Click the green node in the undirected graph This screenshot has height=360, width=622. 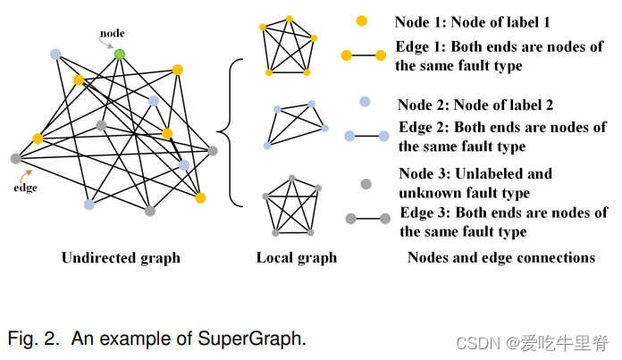[x=119, y=54]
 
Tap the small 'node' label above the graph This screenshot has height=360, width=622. [x=112, y=33]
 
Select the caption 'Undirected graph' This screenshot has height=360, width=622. [x=121, y=258]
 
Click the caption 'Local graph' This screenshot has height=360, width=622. [x=297, y=258]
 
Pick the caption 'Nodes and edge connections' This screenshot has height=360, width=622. [x=500, y=258]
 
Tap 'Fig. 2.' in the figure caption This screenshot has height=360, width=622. [x=32, y=339]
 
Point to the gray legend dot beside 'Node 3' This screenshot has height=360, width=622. [x=365, y=184]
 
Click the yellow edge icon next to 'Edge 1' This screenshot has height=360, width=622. [x=363, y=56]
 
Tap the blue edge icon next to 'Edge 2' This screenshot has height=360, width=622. [x=366, y=137]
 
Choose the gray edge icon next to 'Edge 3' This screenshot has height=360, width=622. [x=366, y=219]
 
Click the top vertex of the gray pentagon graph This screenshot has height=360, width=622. [x=292, y=178]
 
